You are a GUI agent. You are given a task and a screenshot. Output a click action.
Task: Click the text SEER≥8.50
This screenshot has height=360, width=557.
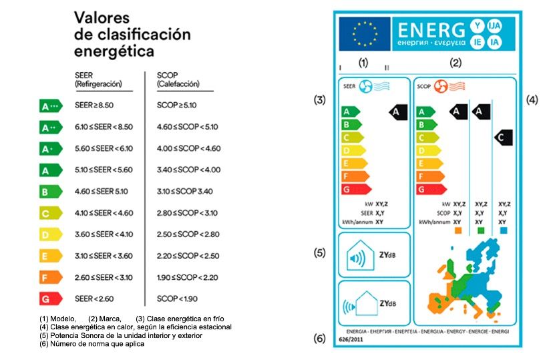(x=94, y=106)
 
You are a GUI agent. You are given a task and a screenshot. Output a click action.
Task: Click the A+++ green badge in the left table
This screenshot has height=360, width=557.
(x=51, y=106)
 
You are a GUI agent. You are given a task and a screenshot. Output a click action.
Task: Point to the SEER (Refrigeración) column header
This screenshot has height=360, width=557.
(x=98, y=80)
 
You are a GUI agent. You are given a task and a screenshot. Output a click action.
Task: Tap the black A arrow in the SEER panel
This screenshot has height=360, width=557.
(x=397, y=112)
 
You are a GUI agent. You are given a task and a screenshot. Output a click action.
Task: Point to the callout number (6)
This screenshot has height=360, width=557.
(x=320, y=339)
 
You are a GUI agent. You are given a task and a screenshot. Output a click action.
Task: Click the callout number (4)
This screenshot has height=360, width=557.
(x=532, y=100)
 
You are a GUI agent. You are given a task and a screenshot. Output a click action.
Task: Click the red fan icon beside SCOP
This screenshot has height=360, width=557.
(x=441, y=86)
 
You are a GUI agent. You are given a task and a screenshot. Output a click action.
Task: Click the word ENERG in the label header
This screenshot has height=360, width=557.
(x=430, y=30)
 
